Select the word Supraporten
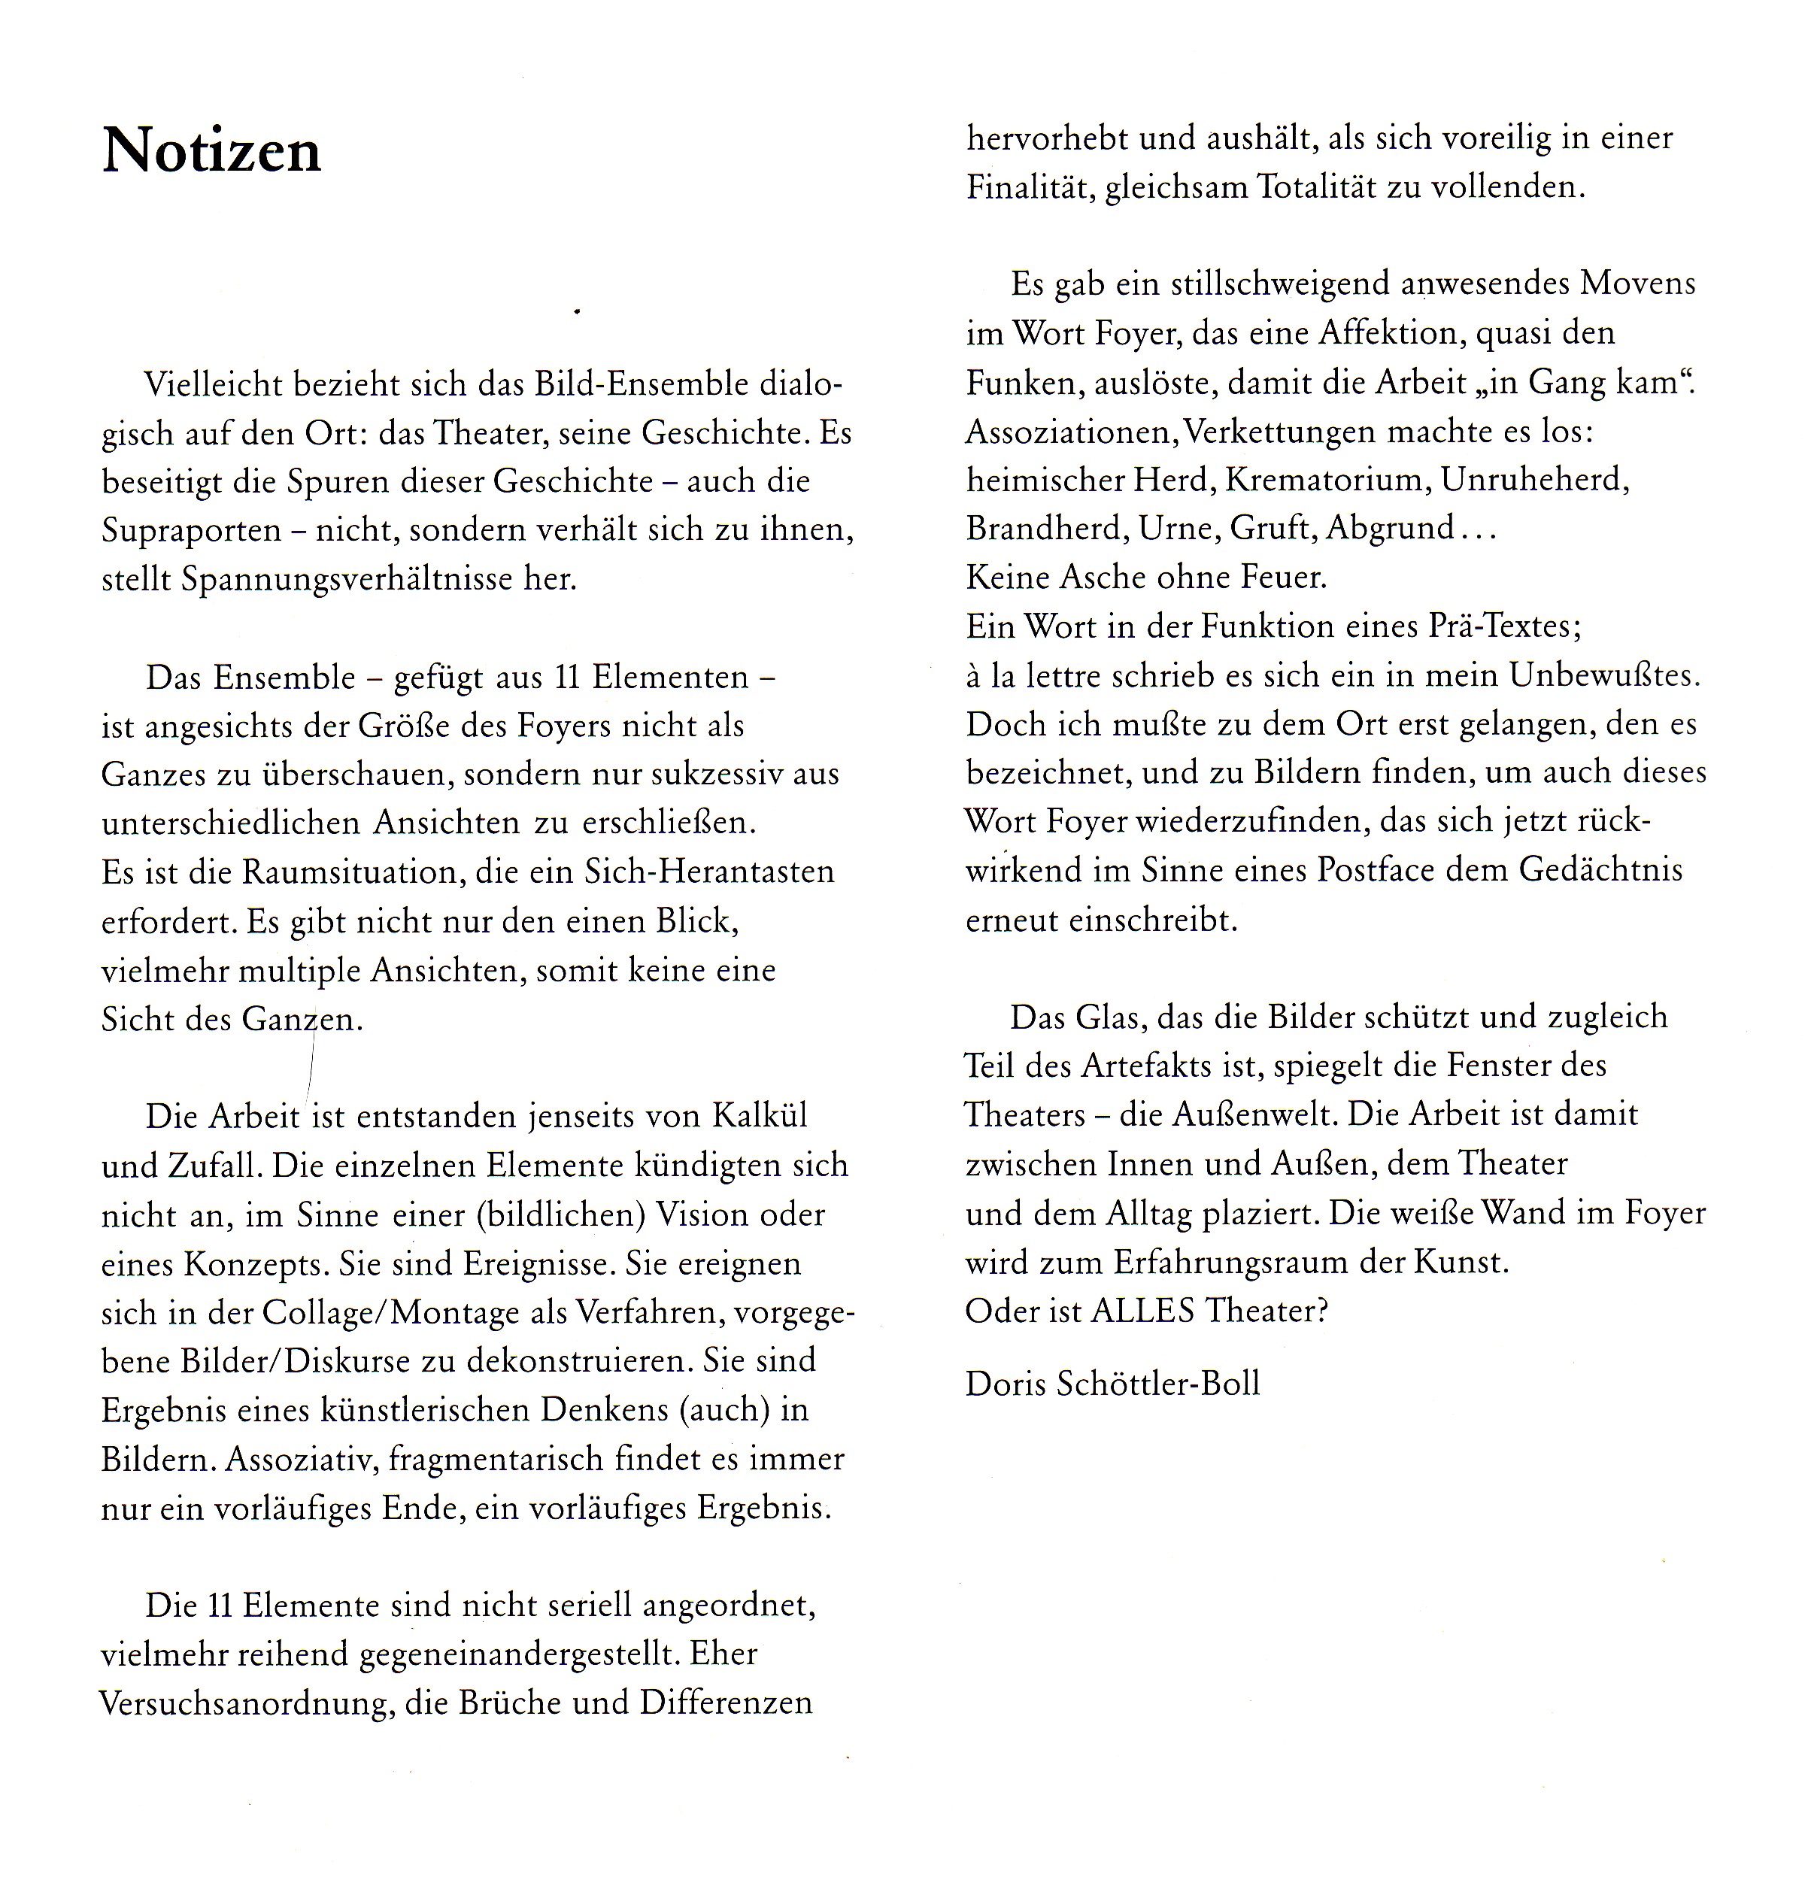coord(191,530)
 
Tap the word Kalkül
coord(760,1115)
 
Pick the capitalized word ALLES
coord(1142,1310)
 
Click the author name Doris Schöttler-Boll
coord(1112,1383)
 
